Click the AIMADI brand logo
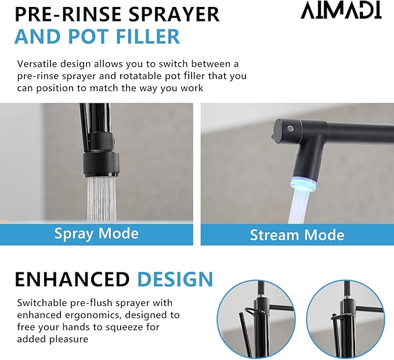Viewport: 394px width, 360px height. point(341,10)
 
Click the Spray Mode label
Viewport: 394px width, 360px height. point(96,233)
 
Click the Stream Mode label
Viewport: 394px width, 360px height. point(297,235)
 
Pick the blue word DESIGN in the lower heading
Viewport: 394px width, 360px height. point(175,279)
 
